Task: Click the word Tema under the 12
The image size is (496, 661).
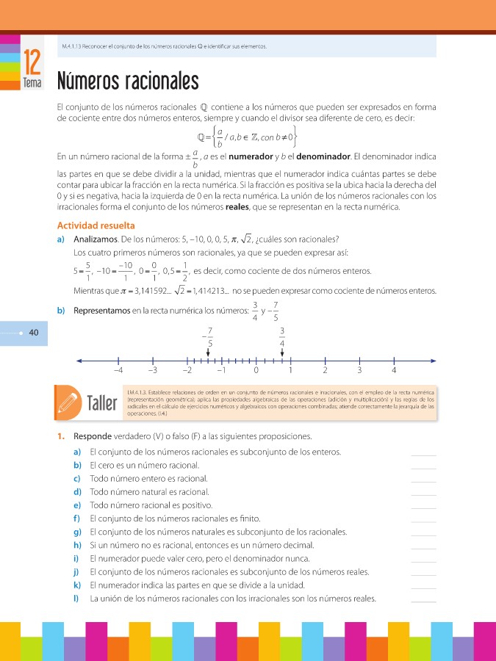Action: pyautogui.click(x=32, y=83)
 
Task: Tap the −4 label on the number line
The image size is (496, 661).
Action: pyautogui.click(x=118, y=370)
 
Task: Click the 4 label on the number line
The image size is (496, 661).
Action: pyautogui.click(x=394, y=370)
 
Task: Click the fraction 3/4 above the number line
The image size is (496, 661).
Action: pyautogui.click(x=282, y=336)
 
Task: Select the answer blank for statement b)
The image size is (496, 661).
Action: pyautogui.click(x=424, y=466)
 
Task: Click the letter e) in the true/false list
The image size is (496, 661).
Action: pyautogui.click(x=77, y=505)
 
